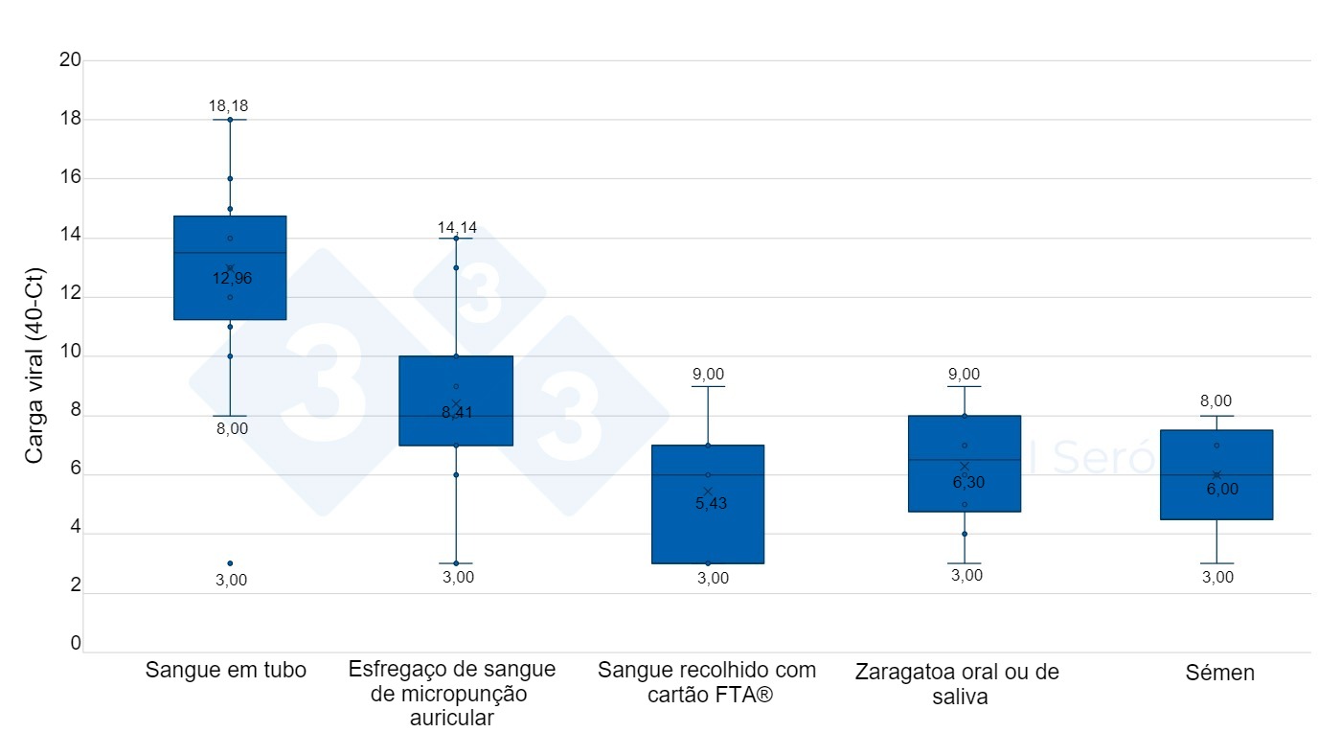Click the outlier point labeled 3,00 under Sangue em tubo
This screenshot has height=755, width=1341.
230,563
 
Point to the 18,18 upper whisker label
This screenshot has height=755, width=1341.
229,106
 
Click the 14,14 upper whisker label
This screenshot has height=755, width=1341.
457,228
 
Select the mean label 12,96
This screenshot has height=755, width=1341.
232,279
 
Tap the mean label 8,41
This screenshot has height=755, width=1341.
458,414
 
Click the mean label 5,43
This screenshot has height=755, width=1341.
711,504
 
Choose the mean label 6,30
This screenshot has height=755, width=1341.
968,483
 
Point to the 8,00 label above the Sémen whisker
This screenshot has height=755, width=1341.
1216,401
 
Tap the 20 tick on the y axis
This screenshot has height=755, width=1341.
70,60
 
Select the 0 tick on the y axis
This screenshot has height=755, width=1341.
76,644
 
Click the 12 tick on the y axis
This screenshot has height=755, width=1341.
70,297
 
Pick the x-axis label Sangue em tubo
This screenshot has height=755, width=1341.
226,671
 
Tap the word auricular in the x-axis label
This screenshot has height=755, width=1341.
452,719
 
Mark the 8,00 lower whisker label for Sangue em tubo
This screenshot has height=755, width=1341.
231,429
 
